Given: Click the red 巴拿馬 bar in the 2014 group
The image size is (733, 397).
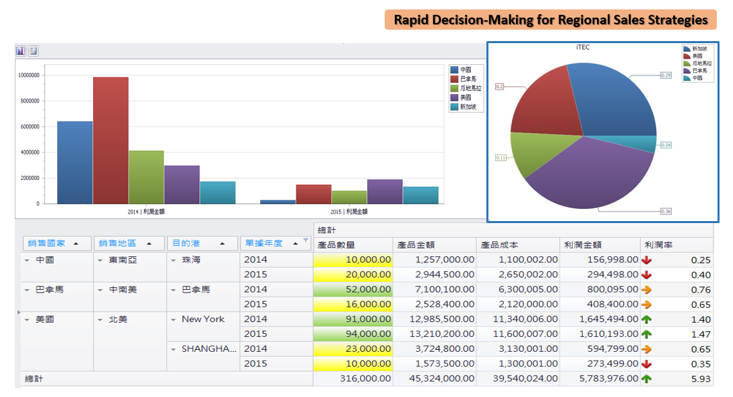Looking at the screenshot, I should [110, 140].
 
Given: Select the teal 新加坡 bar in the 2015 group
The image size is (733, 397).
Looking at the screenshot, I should [420, 195].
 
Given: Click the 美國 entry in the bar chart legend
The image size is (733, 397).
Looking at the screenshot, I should [466, 98].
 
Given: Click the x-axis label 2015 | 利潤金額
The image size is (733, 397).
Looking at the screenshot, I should [349, 212].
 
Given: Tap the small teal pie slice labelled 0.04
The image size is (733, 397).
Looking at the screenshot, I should [647, 144].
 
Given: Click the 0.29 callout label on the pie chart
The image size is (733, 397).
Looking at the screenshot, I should [666, 75].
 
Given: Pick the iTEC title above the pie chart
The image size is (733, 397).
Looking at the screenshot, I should [583, 47].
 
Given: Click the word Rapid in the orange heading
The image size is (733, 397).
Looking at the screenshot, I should [412, 20].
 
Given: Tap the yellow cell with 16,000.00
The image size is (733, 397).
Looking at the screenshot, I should [353, 304].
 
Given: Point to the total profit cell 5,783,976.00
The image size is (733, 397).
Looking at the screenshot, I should [600, 378].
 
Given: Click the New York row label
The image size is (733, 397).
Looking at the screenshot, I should [203, 319].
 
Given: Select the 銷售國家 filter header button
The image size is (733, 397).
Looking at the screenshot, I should [57, 243].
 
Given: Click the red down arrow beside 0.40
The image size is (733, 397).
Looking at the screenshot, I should [647, 274].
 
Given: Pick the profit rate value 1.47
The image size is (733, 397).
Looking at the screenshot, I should [701, 334].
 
